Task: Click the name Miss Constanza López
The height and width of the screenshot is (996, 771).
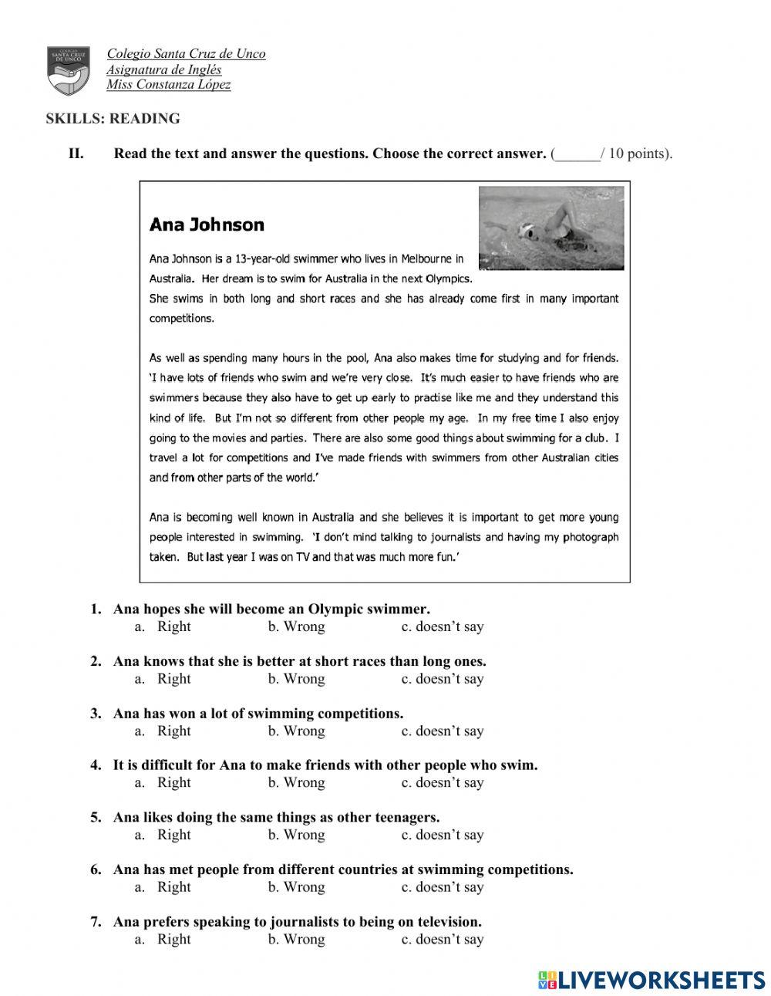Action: tap(168, 85)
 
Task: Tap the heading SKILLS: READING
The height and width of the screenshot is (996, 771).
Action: tap(113, 119)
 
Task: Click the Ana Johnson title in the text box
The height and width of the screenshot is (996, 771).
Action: tap(207, 225)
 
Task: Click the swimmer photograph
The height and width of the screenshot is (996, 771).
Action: tap(550, 229)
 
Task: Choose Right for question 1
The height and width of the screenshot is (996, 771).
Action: tap(173, 627)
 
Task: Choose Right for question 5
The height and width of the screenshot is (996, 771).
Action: tap(173, 836)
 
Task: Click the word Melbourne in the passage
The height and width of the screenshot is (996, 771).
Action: tap(427, 259)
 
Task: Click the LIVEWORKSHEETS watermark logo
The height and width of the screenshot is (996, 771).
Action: tap(651, 980)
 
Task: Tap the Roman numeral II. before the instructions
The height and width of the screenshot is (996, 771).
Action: tap(76, 154)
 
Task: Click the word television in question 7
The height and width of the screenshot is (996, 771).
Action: tap(448, 922)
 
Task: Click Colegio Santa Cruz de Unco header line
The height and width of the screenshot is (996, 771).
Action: tap(186, 54)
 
